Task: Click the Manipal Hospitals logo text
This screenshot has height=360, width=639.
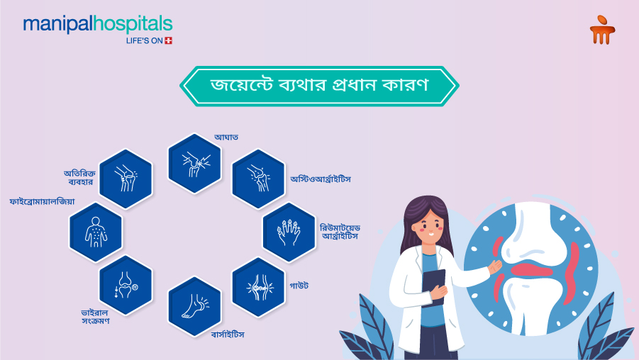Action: [97, 25]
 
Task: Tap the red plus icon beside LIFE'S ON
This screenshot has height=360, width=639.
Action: [168, 40]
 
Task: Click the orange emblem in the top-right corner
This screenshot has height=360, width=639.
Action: [602, 30]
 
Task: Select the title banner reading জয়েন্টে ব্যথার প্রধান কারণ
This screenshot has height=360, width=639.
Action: [319, 86]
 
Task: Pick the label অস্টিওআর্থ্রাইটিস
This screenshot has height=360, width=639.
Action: [321, 179]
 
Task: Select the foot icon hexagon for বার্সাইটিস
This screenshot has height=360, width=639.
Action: [194, 306]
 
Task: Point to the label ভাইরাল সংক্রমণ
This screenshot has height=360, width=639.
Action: [95, 316]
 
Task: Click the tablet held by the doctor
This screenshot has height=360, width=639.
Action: [435, 287]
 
